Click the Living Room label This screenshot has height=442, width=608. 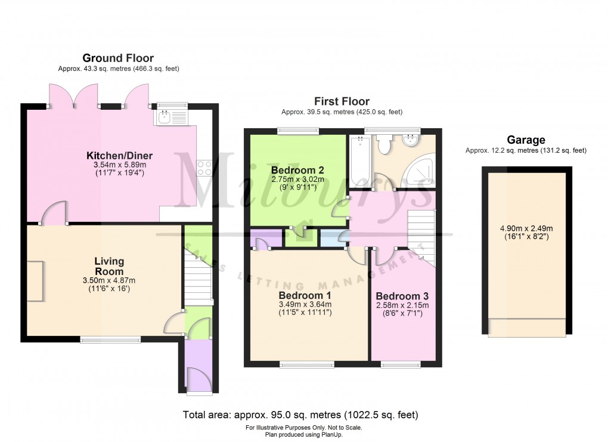pos(109,266)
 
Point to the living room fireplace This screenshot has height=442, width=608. pos(35,280)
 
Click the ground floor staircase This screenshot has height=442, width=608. pos(198,278)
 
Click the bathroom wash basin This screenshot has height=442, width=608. pos(410,141)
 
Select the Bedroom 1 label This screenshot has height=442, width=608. pos(305,296)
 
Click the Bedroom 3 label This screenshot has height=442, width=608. pos(402,296)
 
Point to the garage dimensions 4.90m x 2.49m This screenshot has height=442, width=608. pos(526,232)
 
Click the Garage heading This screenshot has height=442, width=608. pos(526,140)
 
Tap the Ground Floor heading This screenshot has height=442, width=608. pos(118,58)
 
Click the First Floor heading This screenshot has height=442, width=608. pos(342,101)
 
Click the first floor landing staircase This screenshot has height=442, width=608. pos(421,233)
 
